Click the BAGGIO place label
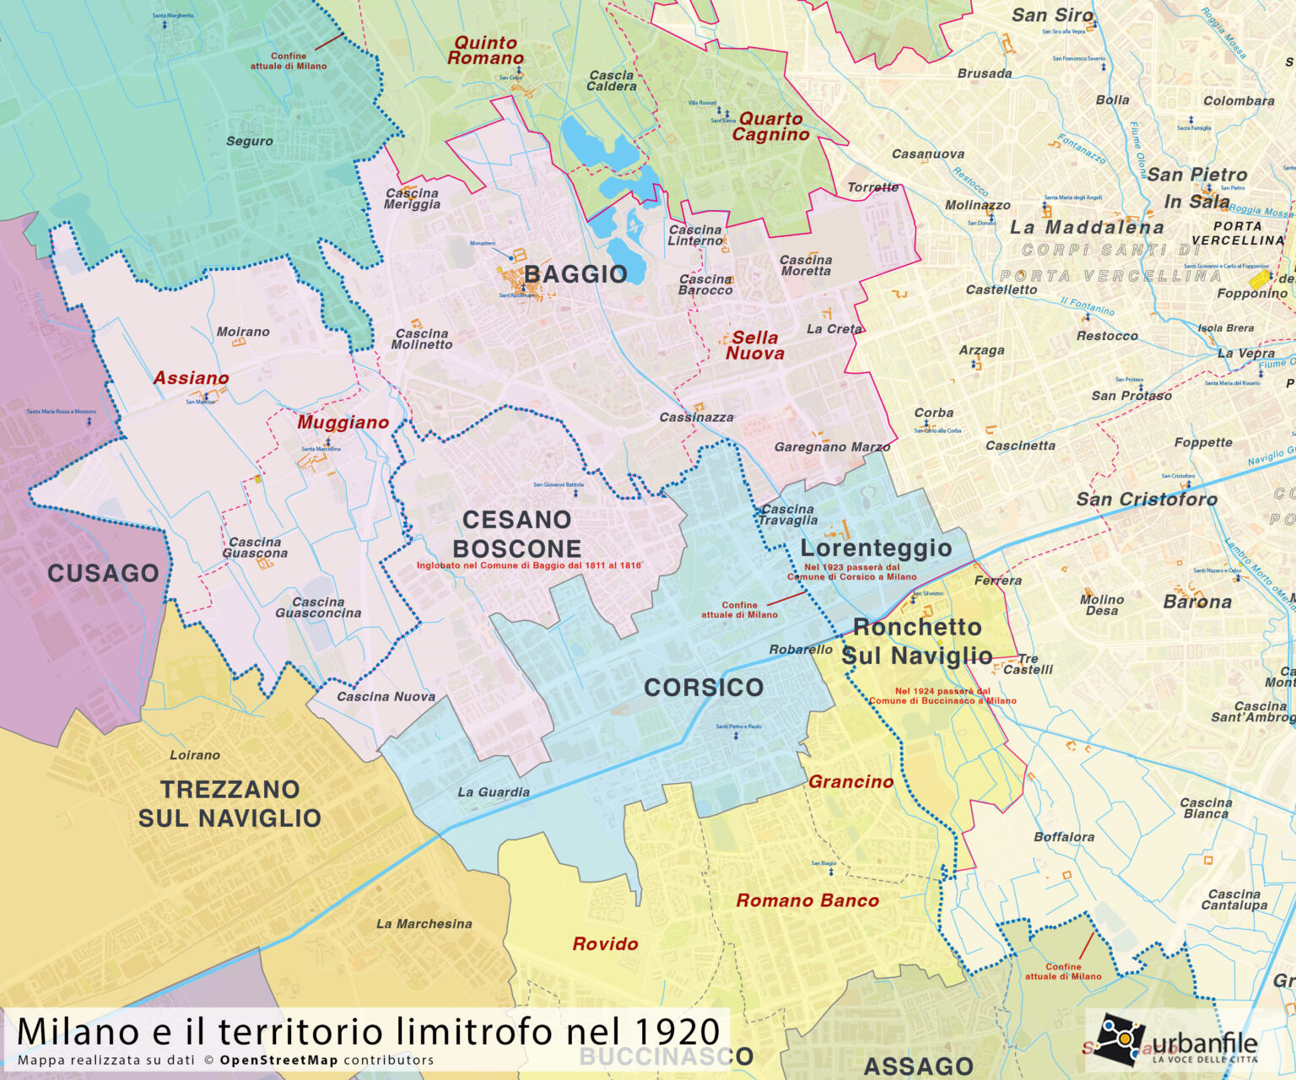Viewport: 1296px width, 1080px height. tap(575, 274)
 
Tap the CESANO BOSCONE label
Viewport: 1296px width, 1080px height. tap(516, 533)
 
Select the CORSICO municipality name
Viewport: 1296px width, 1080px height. tap(704, 688)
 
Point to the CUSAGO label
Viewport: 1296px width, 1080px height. tap(103, 574)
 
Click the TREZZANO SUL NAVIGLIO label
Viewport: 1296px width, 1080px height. tap(229, 803)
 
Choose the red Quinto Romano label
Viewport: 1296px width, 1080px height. tap(485, 51)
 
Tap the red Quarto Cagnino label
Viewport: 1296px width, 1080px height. tap(770, 127)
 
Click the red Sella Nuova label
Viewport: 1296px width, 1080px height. tap(754, 346)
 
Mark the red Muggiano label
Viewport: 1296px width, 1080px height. tap(343, 423)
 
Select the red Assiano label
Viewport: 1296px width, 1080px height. tap(191, 378)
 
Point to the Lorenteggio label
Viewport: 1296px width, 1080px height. tap(876, 548)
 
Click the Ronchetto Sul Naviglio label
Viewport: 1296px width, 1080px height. tap(917, 641)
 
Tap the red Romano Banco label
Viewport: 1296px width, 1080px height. tap(807, 901)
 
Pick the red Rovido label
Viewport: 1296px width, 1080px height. tap(605, 944)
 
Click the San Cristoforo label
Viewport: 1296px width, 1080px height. tap(1147, 499)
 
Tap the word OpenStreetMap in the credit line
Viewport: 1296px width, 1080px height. tap(278, 1061)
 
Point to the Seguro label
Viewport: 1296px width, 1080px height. tap(249, 141)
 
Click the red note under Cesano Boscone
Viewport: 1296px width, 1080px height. tap(528, 565)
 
